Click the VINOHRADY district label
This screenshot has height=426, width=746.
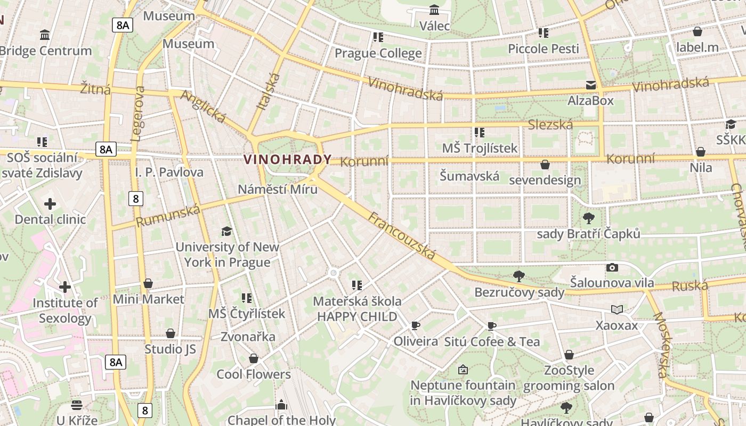coord(287,159)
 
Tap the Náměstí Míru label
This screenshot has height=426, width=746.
coord(277,189)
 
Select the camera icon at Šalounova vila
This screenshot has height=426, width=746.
coord(612,268)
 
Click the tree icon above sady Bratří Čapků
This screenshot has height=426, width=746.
coord(589,218)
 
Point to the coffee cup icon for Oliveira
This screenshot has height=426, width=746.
coord(416,325)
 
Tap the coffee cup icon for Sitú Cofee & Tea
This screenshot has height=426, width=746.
coord(492,325)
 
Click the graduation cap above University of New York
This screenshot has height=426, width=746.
coord(227,231)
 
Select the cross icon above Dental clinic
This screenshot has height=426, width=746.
coord(50,204)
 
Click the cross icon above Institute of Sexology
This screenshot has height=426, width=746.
coord(65,288)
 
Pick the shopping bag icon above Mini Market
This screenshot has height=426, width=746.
coord(148,283)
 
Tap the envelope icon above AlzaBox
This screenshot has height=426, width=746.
coord(590,85)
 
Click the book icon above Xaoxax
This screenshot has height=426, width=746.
coord(617,309)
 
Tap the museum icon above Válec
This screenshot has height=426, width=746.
coord(434,10)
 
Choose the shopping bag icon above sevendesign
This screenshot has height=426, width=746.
coord(545,165)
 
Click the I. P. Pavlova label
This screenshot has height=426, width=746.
coord(169,172)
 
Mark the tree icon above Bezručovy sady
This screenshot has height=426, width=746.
coord(519,276)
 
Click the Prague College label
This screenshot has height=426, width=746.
coord(378,53)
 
